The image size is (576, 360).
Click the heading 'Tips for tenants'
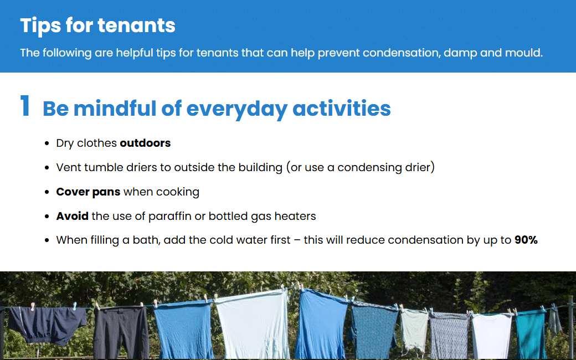97,25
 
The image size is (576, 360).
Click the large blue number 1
25,106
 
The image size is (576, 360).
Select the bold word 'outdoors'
146,143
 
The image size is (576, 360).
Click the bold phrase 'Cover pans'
88,192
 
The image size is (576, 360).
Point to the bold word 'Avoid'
73,216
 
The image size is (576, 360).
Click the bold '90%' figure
526,240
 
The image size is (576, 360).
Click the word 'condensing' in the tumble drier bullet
369,167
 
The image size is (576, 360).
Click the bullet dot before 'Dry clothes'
47,143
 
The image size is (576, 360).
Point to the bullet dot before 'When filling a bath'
47,240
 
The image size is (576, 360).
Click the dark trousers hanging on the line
121,332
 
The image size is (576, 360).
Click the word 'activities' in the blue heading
342,109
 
